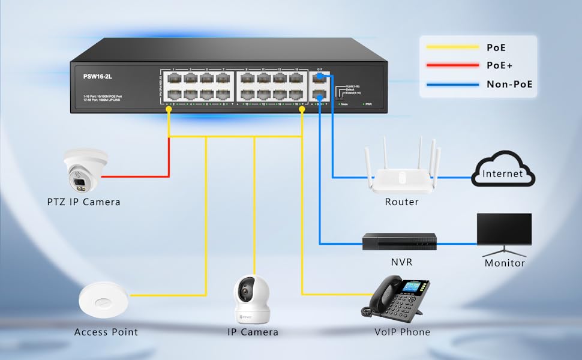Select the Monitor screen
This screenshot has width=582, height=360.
(x=504, y=229)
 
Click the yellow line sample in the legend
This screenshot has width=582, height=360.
(x=453, y=46)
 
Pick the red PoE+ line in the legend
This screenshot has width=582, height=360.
(x=453, y=65)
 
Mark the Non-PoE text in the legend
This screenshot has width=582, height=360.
(x=509, y=85)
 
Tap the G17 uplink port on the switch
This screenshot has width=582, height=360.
(x=319, y=79)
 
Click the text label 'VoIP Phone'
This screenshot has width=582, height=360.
(x=402, y=332)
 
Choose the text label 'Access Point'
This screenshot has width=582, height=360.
(x=106, y=332)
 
